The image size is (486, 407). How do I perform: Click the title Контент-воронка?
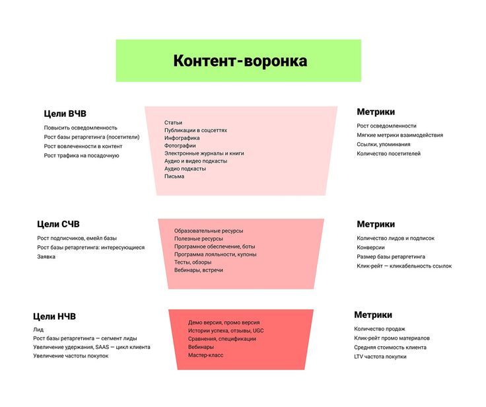pyautogui.click(x=240, y=61)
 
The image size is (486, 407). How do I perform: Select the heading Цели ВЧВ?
pyautogui.click(x=65, y=114)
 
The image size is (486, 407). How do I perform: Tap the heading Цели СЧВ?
pyautogui.click(x=58, y=224)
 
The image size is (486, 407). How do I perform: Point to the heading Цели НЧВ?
pyautogui.click(x=54, y=316)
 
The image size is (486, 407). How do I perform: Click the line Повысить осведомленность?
pyautogui.click(x=81, y=128)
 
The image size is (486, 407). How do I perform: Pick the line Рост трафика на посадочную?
pyautogui.click(x=81, y=155)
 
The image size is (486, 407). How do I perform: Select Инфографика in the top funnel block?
pyautogui.click(x=182, y=138)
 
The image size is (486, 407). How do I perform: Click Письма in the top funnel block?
pyautogui.click(x=174, y=176)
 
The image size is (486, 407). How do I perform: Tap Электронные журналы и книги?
pyautogui.click(x=204, y=153)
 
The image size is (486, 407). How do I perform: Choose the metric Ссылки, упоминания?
pyautogui.click(x=384, y=144)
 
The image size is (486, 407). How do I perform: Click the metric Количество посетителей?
pyautogui.click(x=389, y=153)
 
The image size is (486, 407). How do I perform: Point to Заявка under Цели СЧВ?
pyautogui.click(x=46, y=256)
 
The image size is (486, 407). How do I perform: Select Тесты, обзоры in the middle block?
pyautogui.click(x=193, y=262)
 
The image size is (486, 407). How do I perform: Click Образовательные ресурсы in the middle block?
pyautogui.click(x=209, y=231)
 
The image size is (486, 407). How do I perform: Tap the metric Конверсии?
pyautogui.click(x=370, y=247)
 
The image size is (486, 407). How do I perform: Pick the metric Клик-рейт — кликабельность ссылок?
pyautogui.click(x=404, y=266)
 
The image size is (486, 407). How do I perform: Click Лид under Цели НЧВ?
pyautogui.click(x=38, y=330)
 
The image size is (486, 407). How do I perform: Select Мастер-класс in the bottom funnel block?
pyautogui.click(x=205, y=355)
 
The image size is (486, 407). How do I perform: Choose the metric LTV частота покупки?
pyautogui.click(x=380, y=357)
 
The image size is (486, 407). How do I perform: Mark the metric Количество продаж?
pyautogui.click(x=380, y=329)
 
